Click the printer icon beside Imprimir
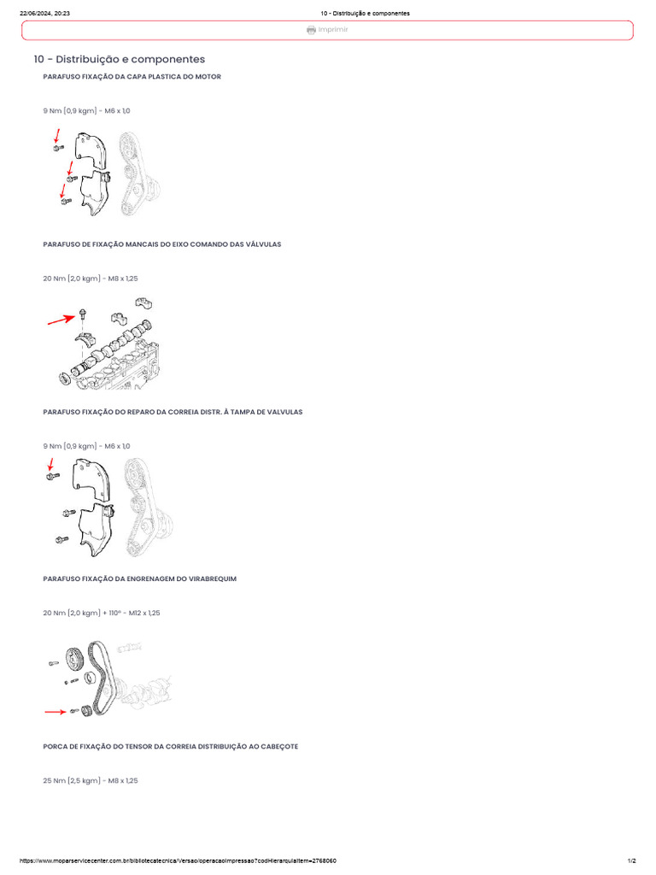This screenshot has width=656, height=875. coord(311,30)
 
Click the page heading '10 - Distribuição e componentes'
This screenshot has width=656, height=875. coord(120,59)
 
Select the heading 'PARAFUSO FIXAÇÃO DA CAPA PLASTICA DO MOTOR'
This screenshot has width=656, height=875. coord(132,76)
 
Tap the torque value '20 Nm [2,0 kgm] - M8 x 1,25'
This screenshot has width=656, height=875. coord(91,279)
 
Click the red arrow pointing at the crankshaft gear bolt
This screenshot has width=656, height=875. coord(56,712)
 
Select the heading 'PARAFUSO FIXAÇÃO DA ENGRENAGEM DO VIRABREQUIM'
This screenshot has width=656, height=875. coord(140,578)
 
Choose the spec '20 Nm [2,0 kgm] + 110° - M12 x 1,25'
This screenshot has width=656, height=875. coord(102,613)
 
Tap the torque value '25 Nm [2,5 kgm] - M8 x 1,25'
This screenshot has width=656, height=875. coord(91,781)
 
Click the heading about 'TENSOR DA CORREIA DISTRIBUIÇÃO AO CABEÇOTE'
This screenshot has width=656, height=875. coord(171,746)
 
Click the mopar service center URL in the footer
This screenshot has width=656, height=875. coord(178,861)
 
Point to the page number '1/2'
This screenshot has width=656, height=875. coord(631,861)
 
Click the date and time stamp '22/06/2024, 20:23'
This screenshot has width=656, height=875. coord(44,13)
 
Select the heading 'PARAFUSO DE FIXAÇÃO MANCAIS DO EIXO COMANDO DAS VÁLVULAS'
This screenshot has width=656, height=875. coord(162,244)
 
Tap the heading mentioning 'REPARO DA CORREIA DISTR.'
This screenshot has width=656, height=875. coord(173,412)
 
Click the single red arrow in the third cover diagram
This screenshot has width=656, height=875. coord(50,464)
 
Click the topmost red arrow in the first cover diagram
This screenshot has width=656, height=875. coord(56,136)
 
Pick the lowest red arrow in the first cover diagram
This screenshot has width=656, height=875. coord(62,191)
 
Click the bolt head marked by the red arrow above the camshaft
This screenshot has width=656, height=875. coord(83,312)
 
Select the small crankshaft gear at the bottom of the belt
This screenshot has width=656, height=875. coord(85,712)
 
